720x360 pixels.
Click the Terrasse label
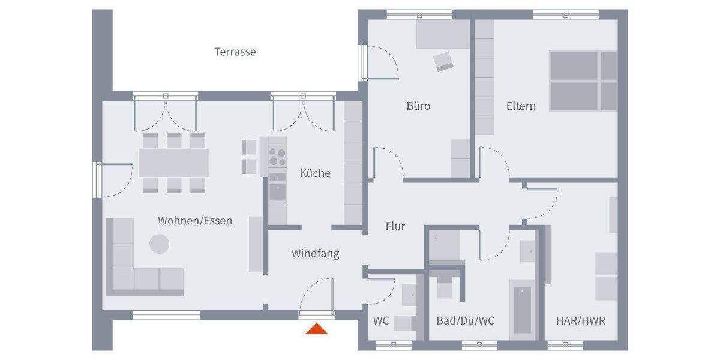pyautogui.click(x=235, y=52)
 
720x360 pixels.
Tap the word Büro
pyautogui.click(x=418, y=106)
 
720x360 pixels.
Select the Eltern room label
pyautogui.click(x=521, y=106)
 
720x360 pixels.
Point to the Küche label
pyautogui.click(x=315, y=173)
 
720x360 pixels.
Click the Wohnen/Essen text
pyautogui.click(x=194, y=221)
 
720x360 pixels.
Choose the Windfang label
pyautogui.click(x=315, y=254)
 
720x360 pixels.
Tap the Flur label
pyautogui.click(x=395, y=227)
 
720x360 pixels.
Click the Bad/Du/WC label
pyautogui.click(x=466, y=321)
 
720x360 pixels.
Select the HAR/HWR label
pyautogui.click(x=580, y=321)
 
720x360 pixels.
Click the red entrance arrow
pyautogui.click(x=316, y=328)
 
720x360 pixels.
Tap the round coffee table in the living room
pyautogui.click(x=159, y=244)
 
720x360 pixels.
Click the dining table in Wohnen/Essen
pyautogui.click(x=174, y=163)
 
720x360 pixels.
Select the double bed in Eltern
pyautogui.click(x=583, y=81)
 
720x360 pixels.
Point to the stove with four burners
pyautogui.click(x=277, y=157)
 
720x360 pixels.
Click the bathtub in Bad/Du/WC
pyautogui.click(x=522, y=309)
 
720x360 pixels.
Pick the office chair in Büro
pyautogui.click(x=444, y=61)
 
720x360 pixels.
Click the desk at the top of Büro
pyautogui.click(x=443, y=34)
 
